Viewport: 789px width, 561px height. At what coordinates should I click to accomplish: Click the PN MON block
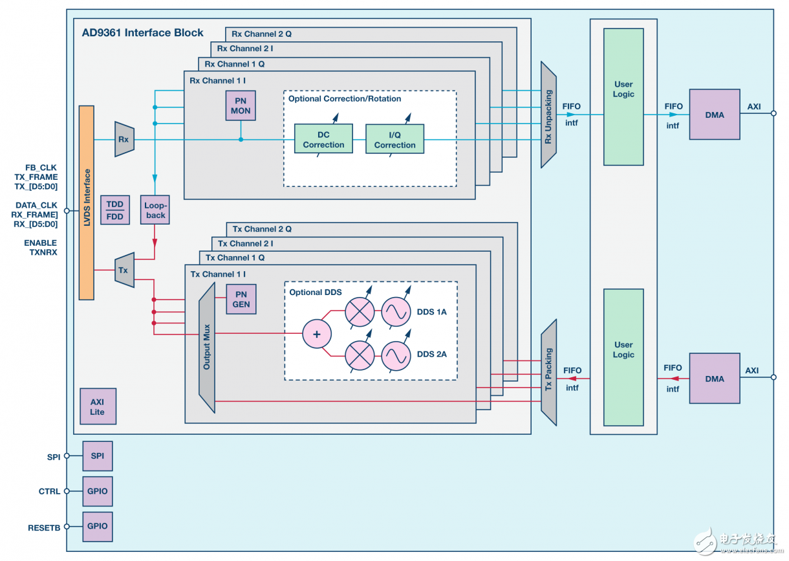tap(241, 105)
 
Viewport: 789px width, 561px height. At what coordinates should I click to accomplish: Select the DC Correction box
tap(323, 138)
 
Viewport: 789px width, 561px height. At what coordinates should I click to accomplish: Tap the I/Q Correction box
tap(394, 138)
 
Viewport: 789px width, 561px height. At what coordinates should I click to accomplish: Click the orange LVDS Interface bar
tap(86, 203)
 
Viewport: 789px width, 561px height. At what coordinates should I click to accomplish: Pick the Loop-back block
tap(155, 210)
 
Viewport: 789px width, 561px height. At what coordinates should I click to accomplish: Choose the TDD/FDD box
tap(114, 210)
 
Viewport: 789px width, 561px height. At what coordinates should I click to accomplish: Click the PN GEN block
tap(241, 299)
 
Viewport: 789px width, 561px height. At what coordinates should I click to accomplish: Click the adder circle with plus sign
tap(317, 335)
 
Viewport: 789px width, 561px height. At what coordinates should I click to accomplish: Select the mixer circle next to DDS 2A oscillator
tap(359, 355)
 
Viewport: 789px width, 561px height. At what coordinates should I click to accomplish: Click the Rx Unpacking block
tap(548, 115)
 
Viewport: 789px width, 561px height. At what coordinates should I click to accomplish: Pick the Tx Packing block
tap(548, 372)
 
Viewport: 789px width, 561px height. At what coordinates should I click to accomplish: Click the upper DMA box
tap(715, 115)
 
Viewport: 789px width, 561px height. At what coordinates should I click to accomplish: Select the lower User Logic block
tap(623, 357)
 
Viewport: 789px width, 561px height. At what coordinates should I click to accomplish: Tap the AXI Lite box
tap(98, 406)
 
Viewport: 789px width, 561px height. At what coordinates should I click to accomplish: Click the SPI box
tap(98, 456)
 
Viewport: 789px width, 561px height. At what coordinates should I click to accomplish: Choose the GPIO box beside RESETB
tap(98, 527)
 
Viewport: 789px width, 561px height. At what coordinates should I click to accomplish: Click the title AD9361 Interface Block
tap(142, 33)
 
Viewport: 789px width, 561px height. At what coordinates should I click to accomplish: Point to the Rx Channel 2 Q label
tap(261, 34)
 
